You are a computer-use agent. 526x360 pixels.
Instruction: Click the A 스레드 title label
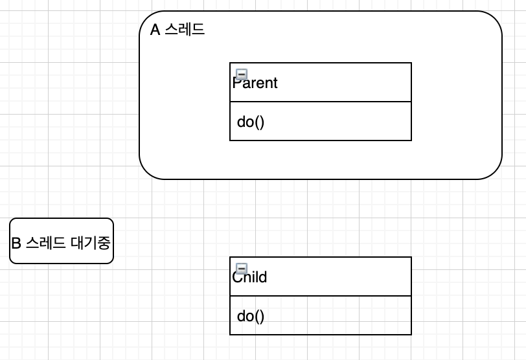(x=177, y=30)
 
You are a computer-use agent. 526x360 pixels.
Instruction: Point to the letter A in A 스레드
(x=155, y=30)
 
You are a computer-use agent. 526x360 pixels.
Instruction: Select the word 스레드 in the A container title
(x=185, y=30)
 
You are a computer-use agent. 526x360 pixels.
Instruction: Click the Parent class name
(x=255, y=83)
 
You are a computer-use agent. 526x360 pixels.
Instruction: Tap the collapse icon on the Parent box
(x=242, y=74)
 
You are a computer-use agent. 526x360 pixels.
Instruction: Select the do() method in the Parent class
(x=251, y=122)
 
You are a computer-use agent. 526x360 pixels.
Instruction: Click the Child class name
(x=250, y=277)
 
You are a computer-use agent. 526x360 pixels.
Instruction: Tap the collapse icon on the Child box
(x=242, y=269)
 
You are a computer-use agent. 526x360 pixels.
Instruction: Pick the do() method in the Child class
(x=251, y=316)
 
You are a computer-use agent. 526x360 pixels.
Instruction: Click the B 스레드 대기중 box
(x=62, y=241)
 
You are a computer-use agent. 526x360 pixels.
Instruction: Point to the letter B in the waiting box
(x=17, y=243)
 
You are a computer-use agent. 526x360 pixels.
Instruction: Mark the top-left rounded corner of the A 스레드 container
(x=147, y=18)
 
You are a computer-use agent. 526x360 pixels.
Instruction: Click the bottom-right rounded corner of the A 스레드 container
(x=494, y=171)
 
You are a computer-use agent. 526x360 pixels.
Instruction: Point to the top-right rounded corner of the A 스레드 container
(x=494, y=18)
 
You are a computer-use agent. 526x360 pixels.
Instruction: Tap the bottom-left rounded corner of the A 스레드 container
(x=147, y=171)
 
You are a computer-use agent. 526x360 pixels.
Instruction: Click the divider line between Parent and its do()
(x=321, y=102)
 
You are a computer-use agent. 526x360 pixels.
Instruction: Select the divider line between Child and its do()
(x=321, y=296)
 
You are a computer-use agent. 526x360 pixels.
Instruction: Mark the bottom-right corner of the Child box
(x=411, y=334)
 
